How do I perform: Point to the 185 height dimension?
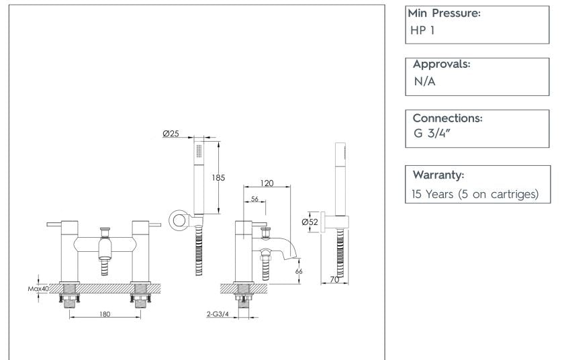(x=218, y=178)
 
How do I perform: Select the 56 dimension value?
(x=255, y=199)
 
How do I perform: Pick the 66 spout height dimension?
(x=299, y=271)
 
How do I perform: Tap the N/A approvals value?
(x=424, y=83)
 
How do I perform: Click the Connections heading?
(x=448, y=118)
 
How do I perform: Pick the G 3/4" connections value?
(x=431, y=136)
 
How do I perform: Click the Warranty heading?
(x=438, y=175)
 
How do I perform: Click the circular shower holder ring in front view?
(x=178, y=219)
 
